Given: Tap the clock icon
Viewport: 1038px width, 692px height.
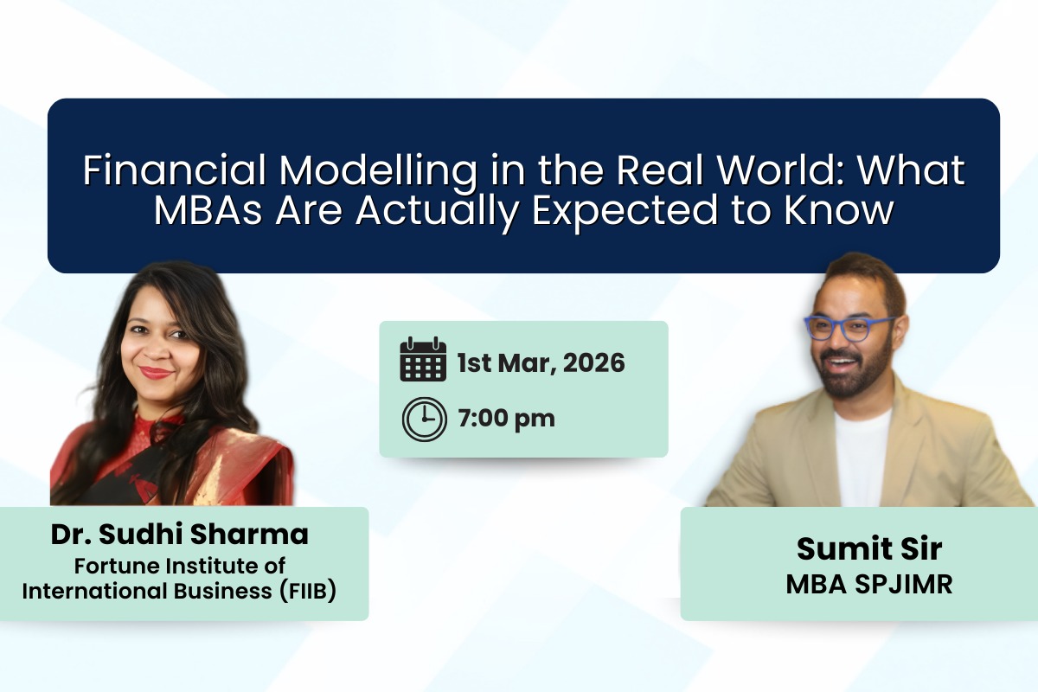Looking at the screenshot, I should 424,419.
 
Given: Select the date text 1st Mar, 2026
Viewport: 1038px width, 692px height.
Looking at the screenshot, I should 541,362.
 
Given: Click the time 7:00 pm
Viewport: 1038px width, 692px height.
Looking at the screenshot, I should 506,419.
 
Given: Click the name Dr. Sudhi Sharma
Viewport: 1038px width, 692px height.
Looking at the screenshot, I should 179,535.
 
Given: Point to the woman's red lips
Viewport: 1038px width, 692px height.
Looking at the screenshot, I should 157,372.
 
